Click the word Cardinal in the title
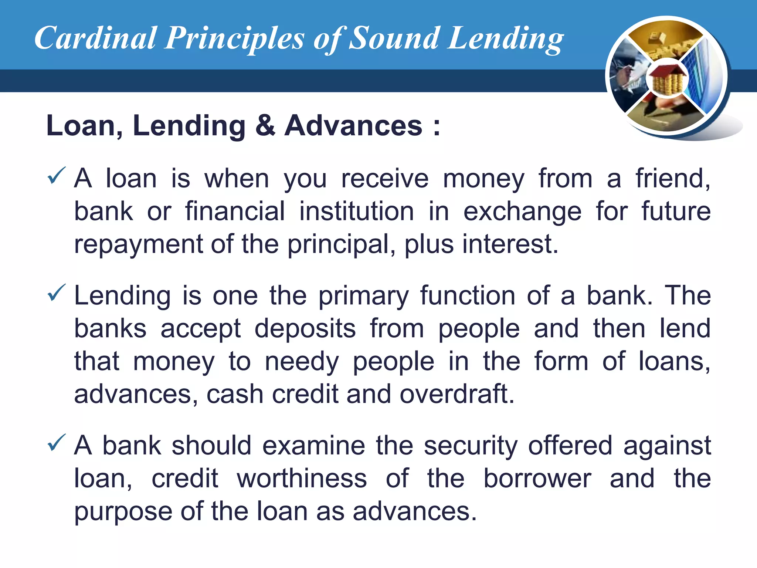[95, 38]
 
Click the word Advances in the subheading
[353, 125]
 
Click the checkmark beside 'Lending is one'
[57, 293]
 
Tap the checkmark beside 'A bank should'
[57, 443]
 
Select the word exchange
[522, 212]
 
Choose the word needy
[302, 362]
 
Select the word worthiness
[302, 479]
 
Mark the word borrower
[537, 479]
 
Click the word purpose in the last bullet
[123, 512]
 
